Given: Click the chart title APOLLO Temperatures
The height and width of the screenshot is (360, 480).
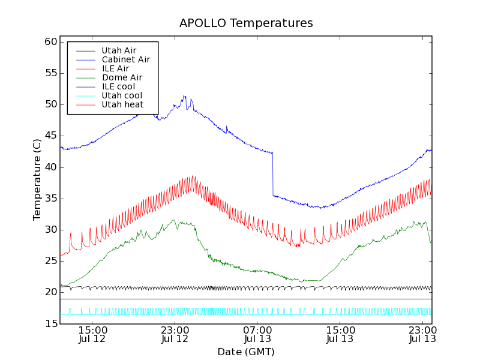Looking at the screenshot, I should tap(246, 23).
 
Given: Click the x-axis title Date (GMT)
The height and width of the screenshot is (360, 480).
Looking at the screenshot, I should tap(246, 352).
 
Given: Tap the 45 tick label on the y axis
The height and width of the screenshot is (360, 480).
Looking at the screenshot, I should tap(50, 136).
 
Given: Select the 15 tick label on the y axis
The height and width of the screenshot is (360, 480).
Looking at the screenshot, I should tap(50, 324).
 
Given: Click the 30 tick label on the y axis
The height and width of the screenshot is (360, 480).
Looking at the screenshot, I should tap(50, 230).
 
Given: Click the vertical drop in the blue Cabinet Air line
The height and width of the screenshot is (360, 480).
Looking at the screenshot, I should tap(273, 174).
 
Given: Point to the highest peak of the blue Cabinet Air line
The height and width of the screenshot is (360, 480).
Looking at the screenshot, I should tap(184, 95).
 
